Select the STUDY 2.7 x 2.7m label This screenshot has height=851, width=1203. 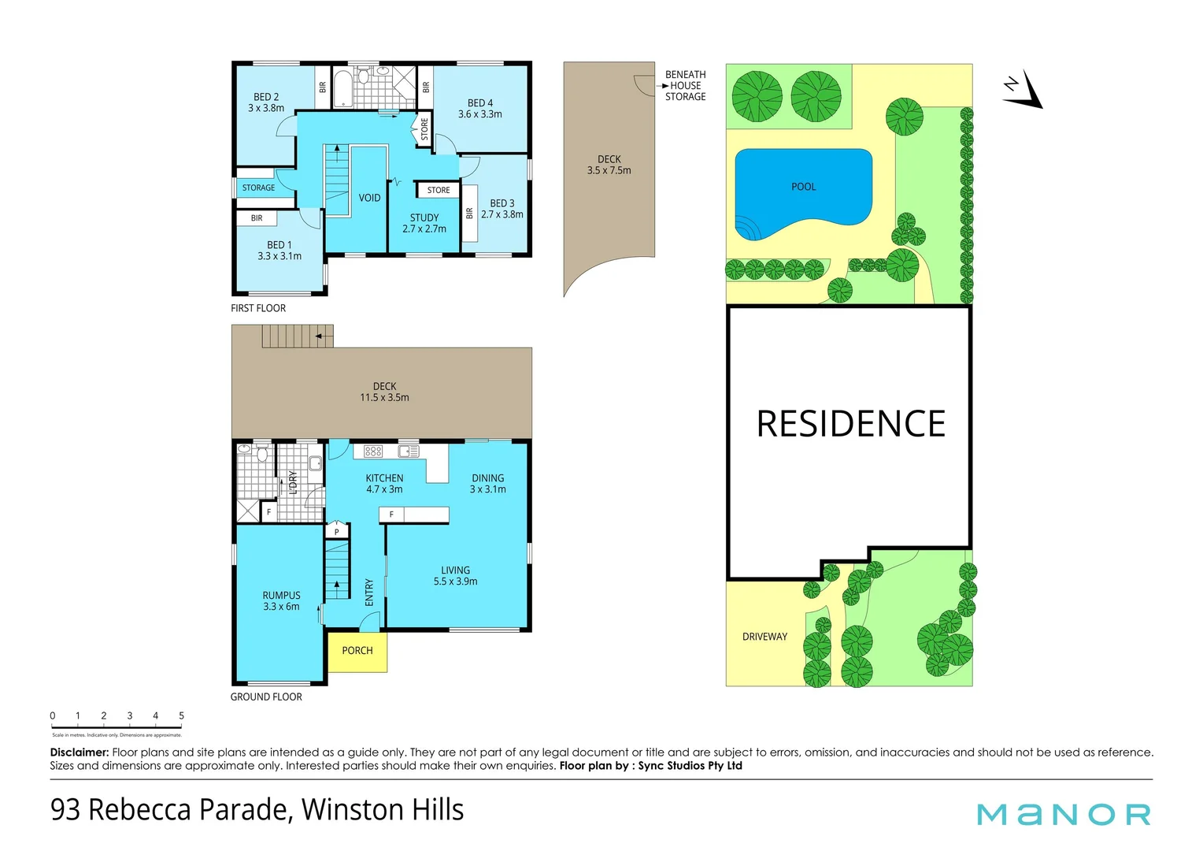(x=424, y=223)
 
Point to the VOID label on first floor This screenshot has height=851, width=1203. (x=369, y=198)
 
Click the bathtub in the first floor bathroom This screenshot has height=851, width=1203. (x=343, y=88)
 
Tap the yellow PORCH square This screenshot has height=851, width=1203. (x=357, y=651)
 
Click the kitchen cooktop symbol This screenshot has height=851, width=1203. (x=373, y=452)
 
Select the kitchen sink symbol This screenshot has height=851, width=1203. (x=408, y=452)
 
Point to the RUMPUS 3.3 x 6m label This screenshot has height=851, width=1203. (x=281, y=601)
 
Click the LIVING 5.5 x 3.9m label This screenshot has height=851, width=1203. (x=455, y=576)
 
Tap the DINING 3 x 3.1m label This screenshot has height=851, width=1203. (x=487, y=484)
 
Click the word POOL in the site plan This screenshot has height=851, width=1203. (x=803, y=187)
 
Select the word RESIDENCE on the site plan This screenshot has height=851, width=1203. (x=850, y=424)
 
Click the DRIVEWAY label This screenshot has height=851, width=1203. (x=764, y=637)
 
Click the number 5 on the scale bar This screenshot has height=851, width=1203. (x=181, y=716)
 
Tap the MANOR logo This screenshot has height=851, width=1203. (x=1064, y=814)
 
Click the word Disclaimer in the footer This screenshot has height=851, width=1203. (x=79, y=753)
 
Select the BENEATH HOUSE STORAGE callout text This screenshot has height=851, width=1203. (x=685, y=86)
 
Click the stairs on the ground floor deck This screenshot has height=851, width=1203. (x=297, y=336)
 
